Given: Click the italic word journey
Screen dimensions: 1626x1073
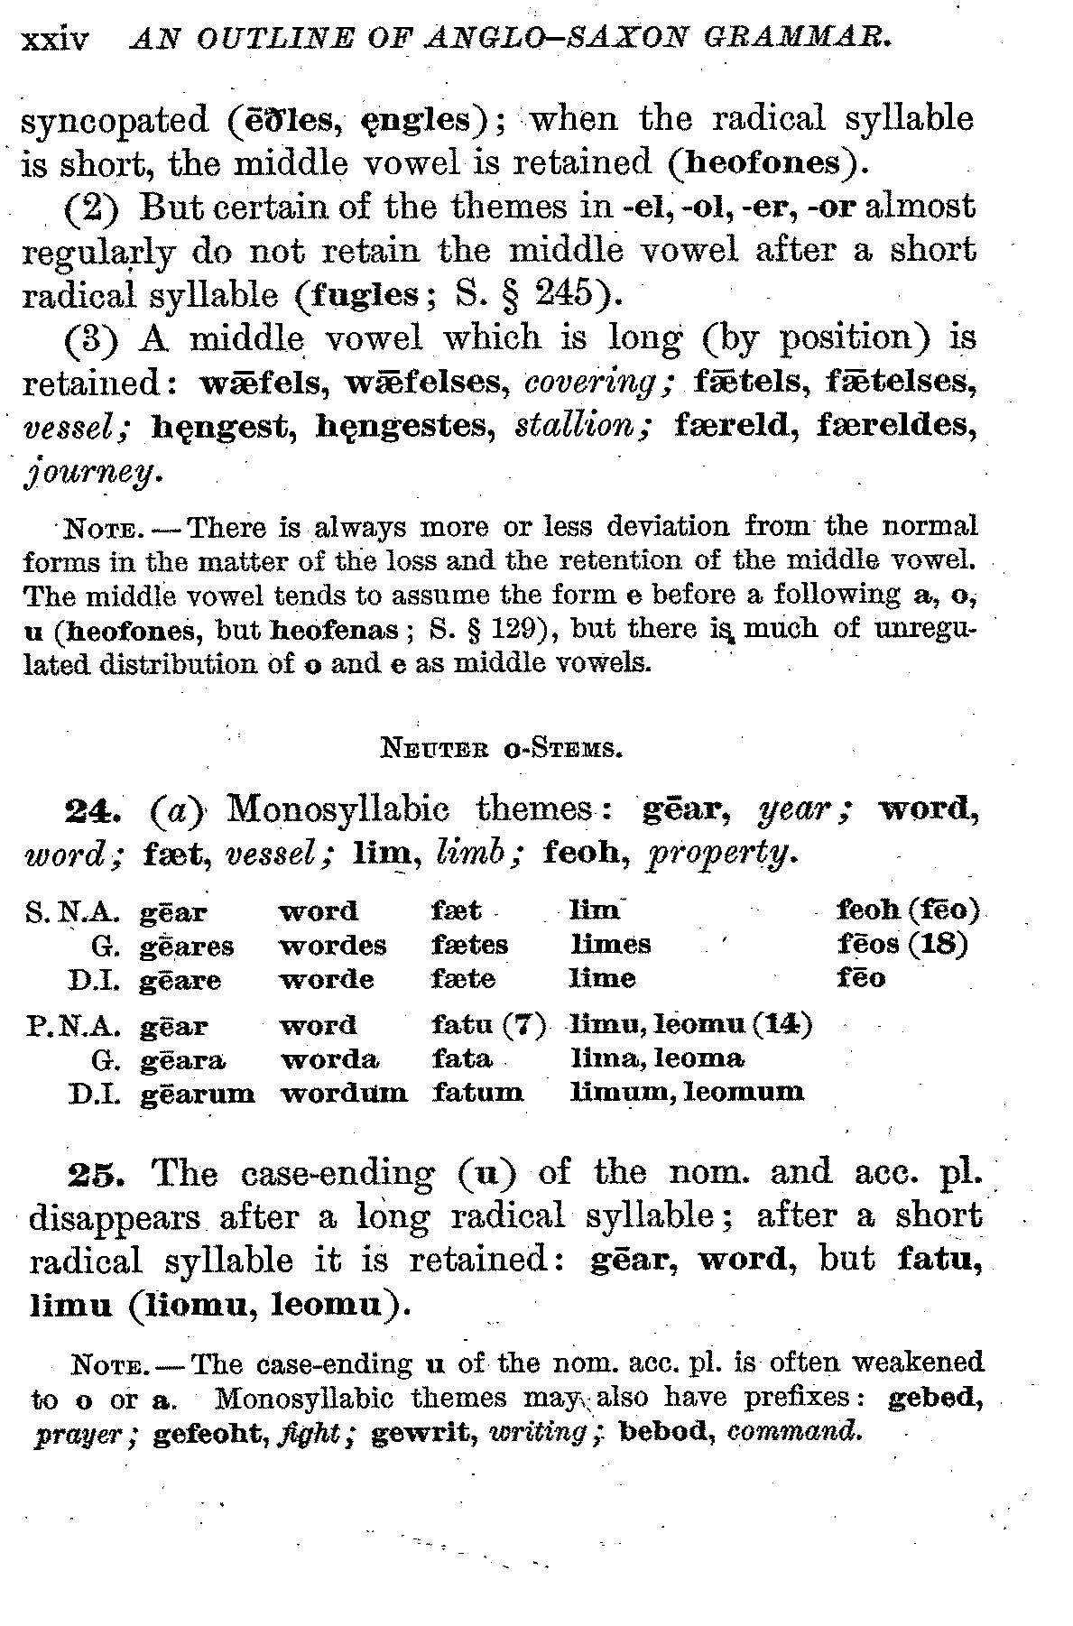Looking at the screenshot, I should (x=92, y=471).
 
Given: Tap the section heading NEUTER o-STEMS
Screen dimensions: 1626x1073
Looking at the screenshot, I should (x=499, y=748).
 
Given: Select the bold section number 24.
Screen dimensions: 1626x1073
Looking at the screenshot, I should (x=98, y=808).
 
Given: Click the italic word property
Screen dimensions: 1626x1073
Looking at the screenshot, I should (x=721, y=853).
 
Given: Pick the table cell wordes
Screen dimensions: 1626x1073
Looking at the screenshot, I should (x=332, y=946).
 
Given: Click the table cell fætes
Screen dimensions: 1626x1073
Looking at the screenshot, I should (x=469, y=946).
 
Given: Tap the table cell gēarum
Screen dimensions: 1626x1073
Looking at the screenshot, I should (x=197, y=1094).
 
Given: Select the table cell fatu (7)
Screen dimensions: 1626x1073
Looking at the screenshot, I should (x=488, y=1026).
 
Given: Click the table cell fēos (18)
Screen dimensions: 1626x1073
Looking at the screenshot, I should (x=902, y=945).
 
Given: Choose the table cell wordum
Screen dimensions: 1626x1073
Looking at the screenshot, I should (x=343, y=1094).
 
